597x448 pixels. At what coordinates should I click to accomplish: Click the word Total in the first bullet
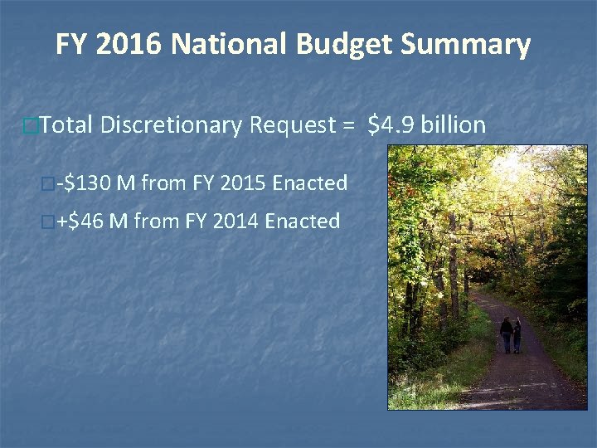point(66,125)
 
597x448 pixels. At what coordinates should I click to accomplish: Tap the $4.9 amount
point(391,125)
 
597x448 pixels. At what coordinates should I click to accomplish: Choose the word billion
point(454,125)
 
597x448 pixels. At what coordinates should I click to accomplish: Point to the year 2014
point(235,222)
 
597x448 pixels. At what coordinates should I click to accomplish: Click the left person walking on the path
point(506,334)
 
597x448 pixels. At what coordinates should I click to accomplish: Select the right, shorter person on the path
point(517,338)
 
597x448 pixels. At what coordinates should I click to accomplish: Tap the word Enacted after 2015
point(308,183)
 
